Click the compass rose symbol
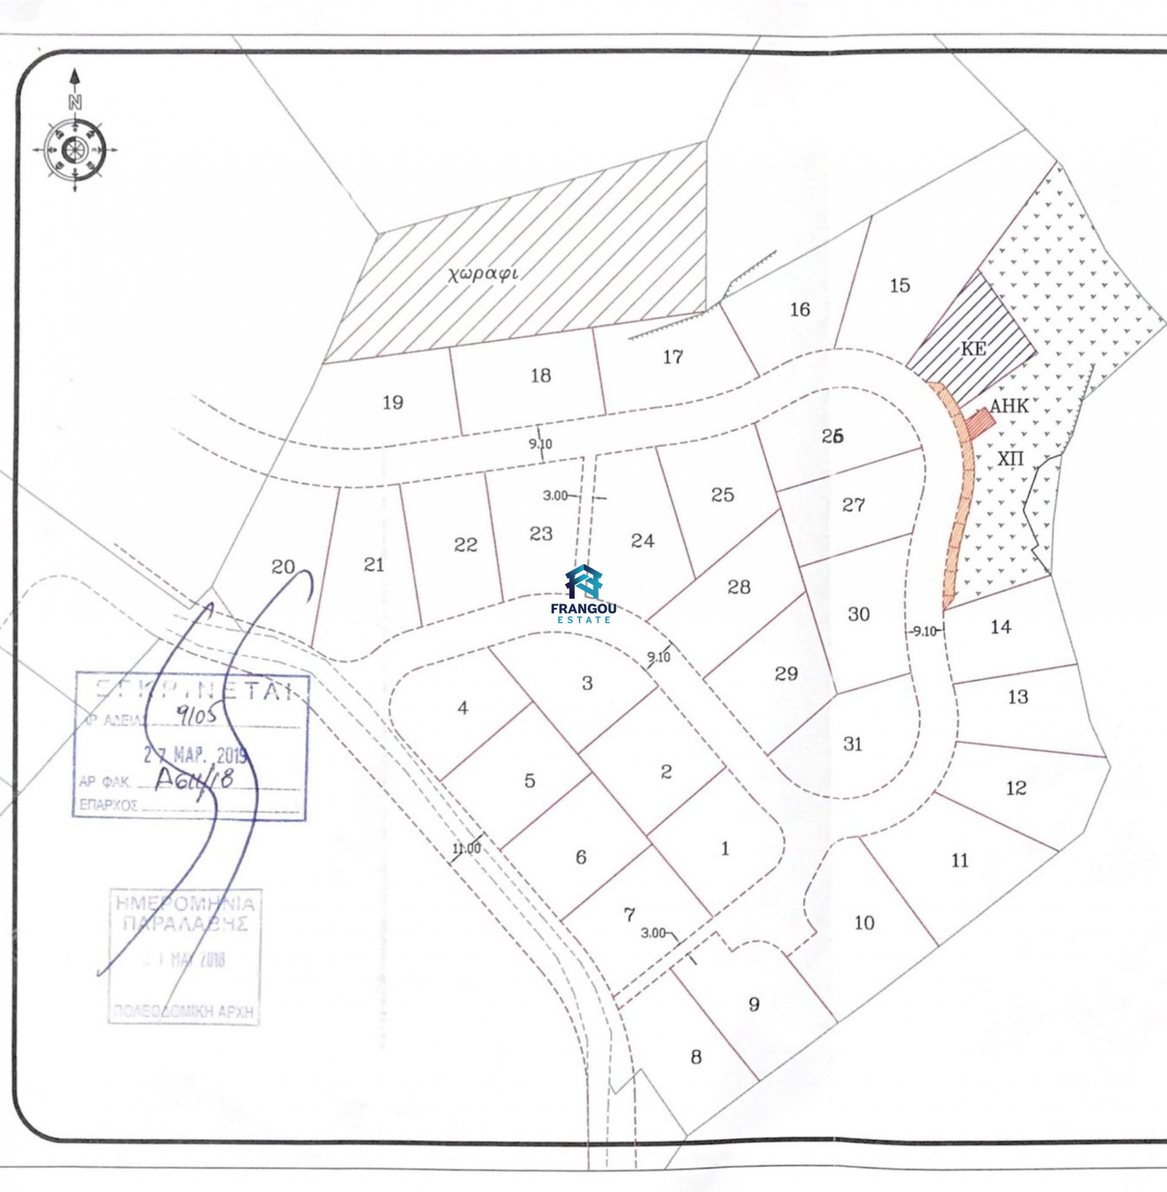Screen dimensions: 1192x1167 (74, 150)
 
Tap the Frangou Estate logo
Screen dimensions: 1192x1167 (584, 594)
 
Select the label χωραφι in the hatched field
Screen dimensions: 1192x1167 (483, 273)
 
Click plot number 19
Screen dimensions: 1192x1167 (393, 402)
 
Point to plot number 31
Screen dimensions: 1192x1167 (853, 744)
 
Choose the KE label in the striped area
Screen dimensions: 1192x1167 (973, 349)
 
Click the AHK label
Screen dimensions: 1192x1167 (1009, 406)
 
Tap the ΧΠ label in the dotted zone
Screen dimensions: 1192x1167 (1010, 459)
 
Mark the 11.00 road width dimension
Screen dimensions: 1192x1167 (466, 848)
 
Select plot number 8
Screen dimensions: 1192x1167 (696, 1057)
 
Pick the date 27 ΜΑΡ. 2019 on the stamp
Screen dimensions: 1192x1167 (196, 755)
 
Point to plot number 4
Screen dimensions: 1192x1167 (463, 708)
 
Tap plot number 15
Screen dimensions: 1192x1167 (900, 286)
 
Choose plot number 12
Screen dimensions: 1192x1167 (1017, 788)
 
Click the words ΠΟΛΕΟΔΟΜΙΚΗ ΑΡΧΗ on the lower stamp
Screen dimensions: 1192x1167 (184, 1011)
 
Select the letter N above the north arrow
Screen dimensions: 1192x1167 (75, 102)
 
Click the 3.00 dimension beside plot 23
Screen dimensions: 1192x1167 (555, 495)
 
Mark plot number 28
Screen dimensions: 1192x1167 (739, 587)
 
